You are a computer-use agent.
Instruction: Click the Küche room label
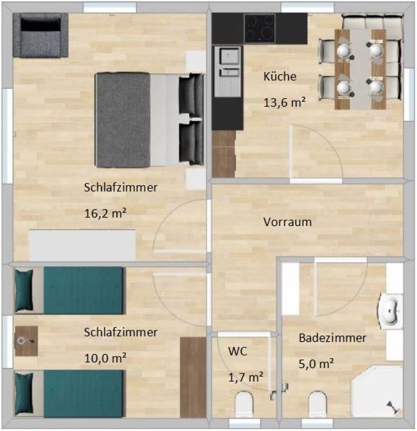tap(279, 76)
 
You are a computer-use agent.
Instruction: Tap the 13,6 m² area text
tap(284, 102)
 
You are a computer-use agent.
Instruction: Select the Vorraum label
tap(287, 222)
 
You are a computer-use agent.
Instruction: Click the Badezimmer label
tap(332, 338)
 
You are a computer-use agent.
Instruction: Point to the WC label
tap(238, 351)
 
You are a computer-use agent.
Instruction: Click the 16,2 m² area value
tap(105, 213)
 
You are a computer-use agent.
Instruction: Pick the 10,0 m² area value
tap(105, 358)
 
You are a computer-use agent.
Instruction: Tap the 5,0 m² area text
tap(316, 364)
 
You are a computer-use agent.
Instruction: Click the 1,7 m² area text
tap(246, 377)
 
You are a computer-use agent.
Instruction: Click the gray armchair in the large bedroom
tap(40, 35)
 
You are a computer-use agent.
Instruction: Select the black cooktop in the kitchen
tap(260, 28)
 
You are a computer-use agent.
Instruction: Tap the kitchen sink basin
tap(228, 57)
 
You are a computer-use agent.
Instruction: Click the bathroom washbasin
tap(389, 311)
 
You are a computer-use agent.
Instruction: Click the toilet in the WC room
tap(244, 404)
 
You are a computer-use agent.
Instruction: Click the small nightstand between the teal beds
tap(26, 341)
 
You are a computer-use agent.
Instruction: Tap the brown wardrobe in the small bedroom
tap(193, 377)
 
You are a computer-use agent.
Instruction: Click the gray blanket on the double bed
tap(123, 120)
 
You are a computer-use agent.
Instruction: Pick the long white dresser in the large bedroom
tap(83, 245)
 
